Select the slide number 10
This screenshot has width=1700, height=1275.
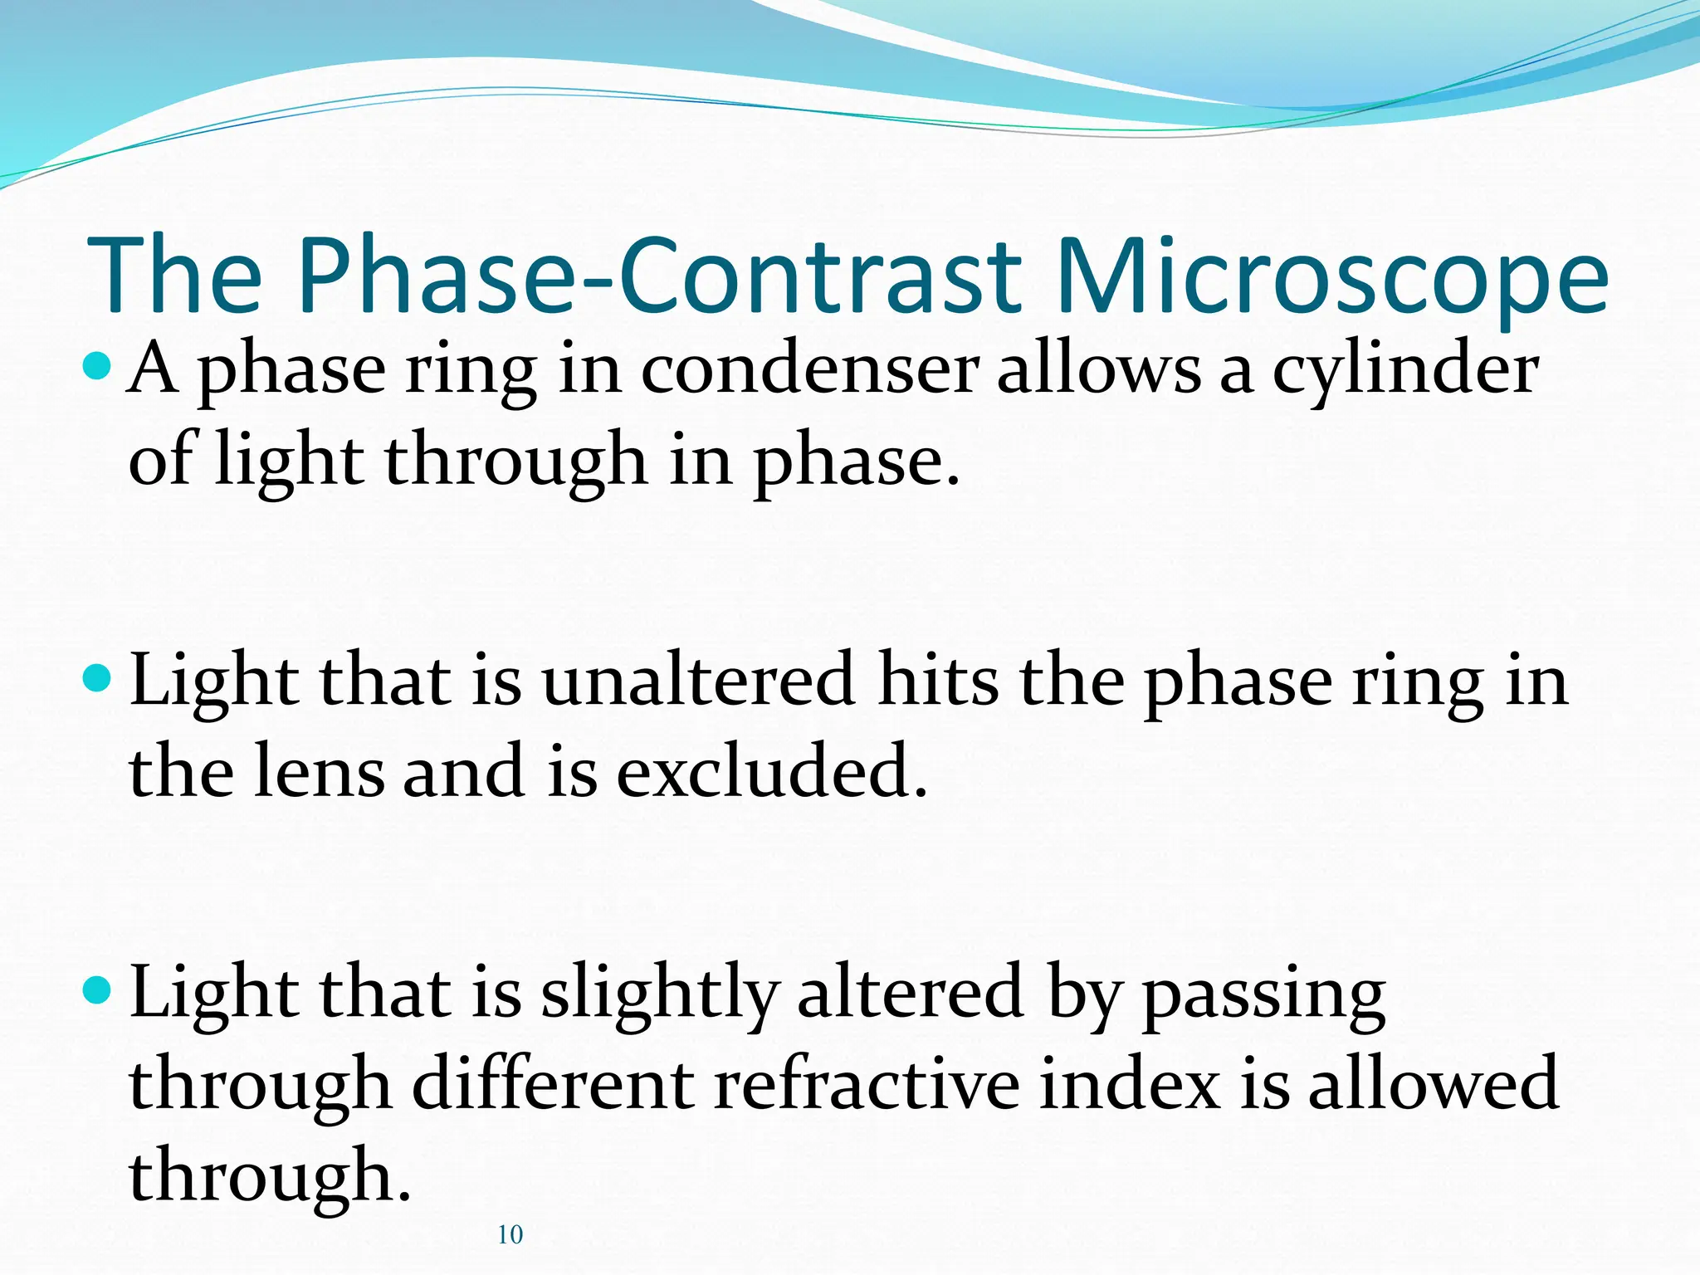point(510,1235)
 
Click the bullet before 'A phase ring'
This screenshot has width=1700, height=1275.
point(97,365)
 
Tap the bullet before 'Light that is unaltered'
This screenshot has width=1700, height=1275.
point(97,678)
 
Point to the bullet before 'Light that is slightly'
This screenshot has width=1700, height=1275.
point(97,989)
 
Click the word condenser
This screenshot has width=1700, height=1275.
point(809,369)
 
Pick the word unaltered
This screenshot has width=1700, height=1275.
point(698,681)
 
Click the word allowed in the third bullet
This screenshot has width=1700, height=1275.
point(1434,1084)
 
